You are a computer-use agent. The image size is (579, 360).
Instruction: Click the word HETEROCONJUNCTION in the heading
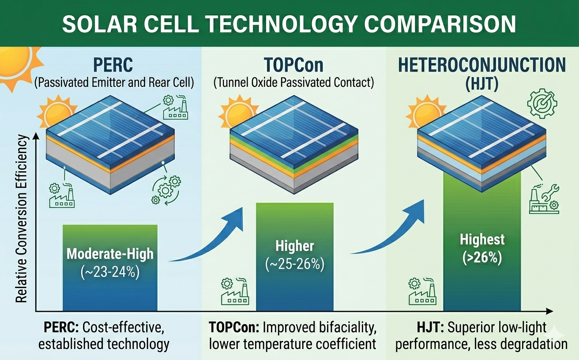(481, 65)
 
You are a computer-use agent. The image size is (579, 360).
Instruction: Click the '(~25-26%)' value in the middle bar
(295, 265)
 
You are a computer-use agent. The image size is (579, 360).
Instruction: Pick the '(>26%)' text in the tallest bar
(482, 258)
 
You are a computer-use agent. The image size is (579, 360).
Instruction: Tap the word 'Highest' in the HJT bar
(482, 240)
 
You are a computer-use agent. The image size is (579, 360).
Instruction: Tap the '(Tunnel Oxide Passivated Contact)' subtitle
(293, 82)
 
